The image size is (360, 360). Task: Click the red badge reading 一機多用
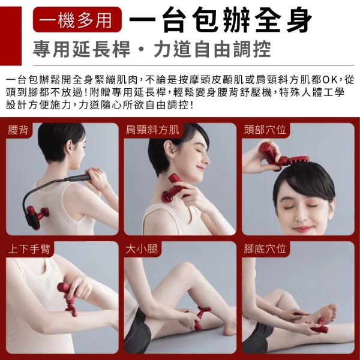tap(77, 20)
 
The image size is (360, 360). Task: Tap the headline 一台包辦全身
tap(220, 20)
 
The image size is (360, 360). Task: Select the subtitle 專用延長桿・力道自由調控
tap(152, 49)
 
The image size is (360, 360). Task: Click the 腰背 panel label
tap(18, 130)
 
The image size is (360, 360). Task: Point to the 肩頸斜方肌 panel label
tap(152, 130)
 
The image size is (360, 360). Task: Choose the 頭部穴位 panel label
tap(265, 130)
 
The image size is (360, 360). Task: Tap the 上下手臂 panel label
tap(29, 249)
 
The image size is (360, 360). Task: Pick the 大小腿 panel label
tap(142, 249)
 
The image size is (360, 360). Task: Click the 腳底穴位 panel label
tap(265, 249)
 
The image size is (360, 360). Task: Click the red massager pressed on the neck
tap(174, 188)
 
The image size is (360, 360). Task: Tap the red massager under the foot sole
tap(319, 326)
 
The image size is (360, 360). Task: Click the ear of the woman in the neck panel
tap(169, 149)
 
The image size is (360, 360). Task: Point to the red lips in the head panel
tap(303, 229)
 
